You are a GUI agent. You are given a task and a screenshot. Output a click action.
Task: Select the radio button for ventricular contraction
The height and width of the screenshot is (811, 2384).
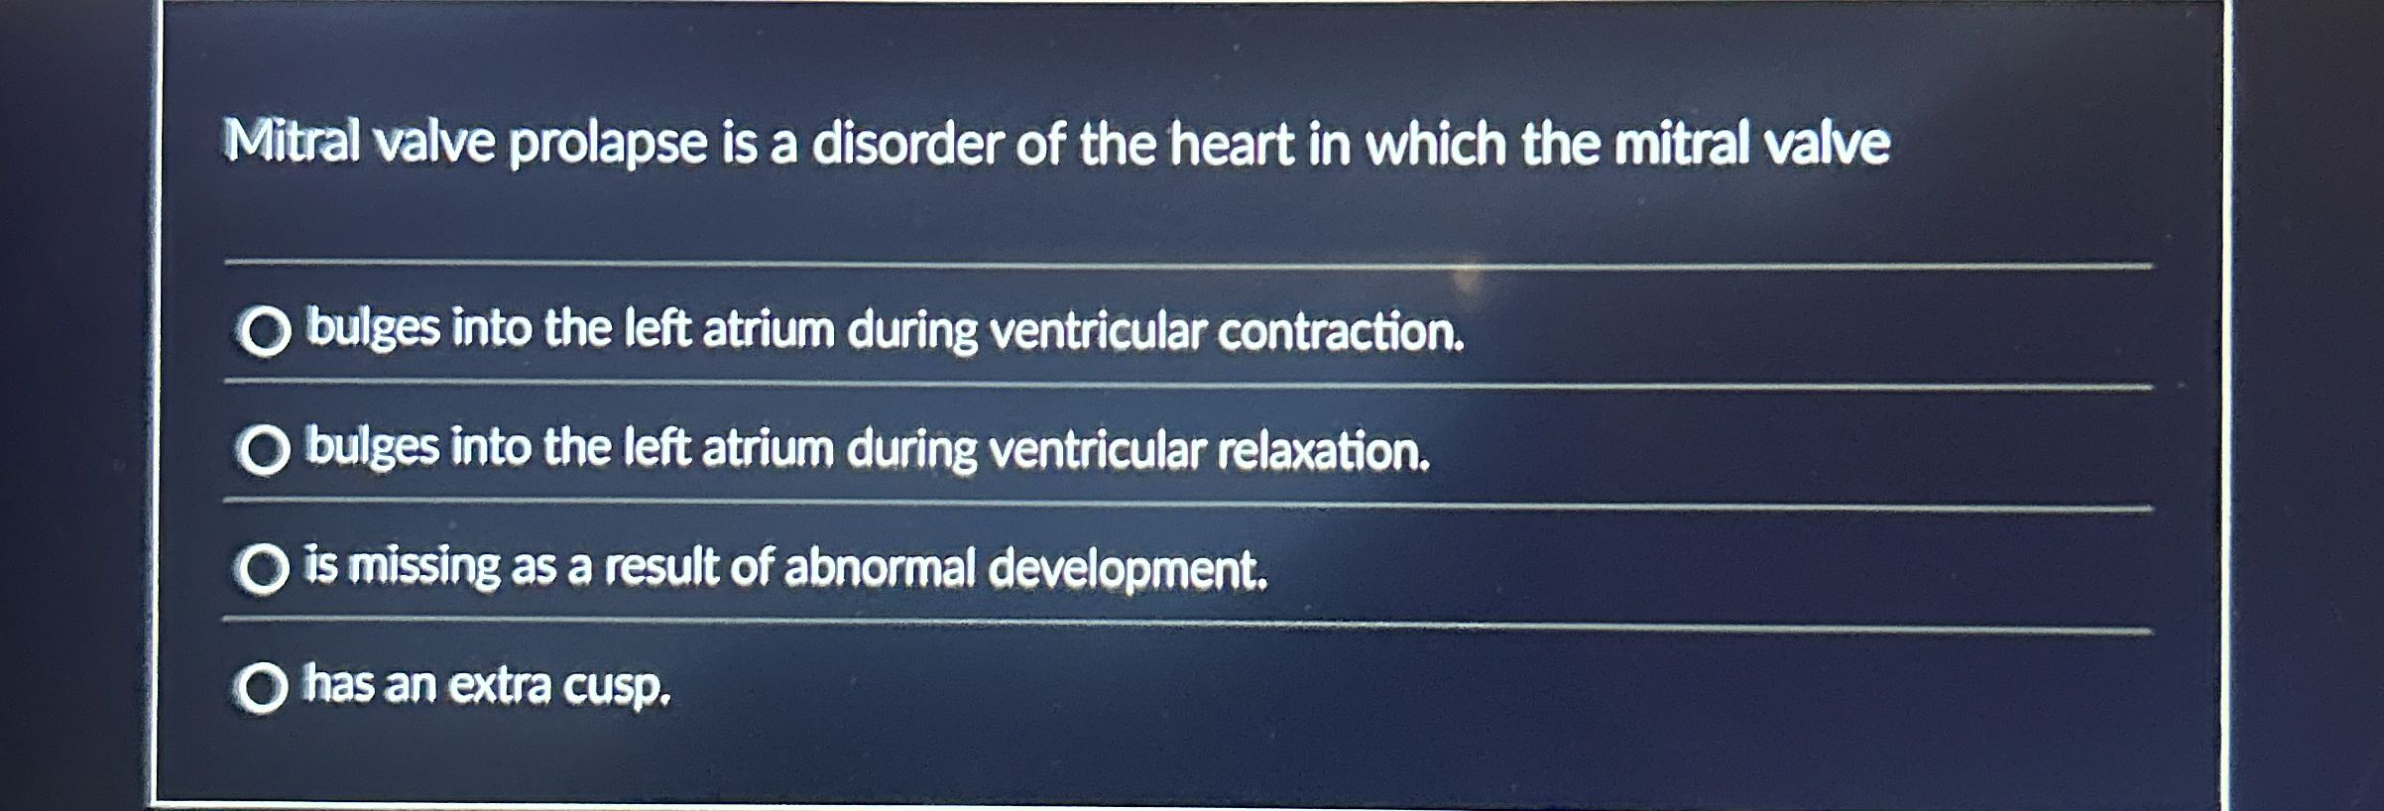pyautogui.click(x=264, y=331)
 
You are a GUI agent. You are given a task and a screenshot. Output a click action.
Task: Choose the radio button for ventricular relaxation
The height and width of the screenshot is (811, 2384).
pyautogui.click(x=263, y=451)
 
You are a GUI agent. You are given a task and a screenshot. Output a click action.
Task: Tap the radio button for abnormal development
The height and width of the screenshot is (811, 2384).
pyautogui.click(x=262, y=569)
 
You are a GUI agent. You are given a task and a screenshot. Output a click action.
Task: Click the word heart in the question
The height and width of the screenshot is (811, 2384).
pyautogui.click(x=1231, y=144)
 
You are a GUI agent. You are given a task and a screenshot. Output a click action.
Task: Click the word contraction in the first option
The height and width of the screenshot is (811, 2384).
pyautogui.click(x=1341, y=331)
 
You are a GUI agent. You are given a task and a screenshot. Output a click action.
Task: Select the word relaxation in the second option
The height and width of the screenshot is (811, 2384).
pyautogui.click(x=1323, y=451)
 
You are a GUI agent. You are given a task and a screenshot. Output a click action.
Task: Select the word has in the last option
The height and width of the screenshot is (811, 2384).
pyautogui.click(x=338, y=684)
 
